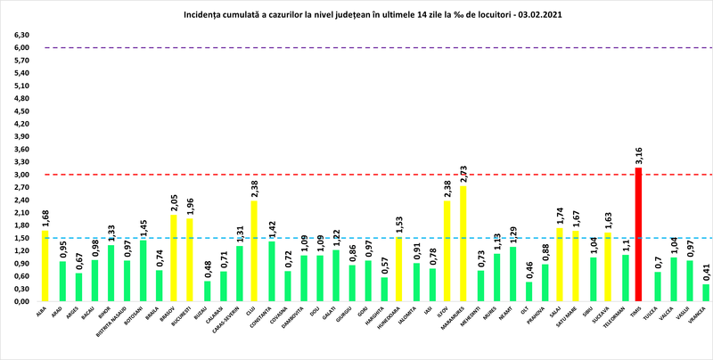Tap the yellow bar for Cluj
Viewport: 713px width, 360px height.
(255, 250)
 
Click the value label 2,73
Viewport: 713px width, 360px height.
(463, 172)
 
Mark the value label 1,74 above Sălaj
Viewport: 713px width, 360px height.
(560, 215)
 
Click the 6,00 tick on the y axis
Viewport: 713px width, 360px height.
(20, 47)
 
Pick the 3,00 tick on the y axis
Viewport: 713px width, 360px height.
(20, 175)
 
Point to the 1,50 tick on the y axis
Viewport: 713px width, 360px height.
(20, 238)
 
